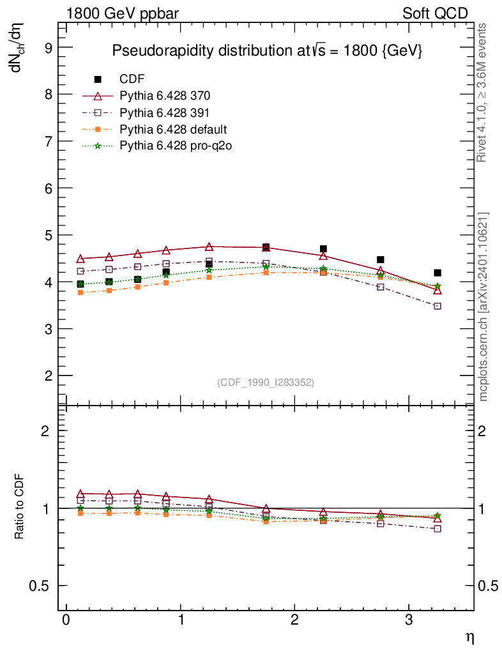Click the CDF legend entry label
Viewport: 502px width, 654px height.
coord(132,79)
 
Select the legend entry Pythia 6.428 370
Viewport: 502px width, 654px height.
coord(165,96)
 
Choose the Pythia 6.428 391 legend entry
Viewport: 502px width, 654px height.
coord(165,113)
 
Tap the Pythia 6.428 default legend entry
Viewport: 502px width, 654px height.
coord(173,130)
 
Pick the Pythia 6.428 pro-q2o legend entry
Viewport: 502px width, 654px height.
coord(176,146)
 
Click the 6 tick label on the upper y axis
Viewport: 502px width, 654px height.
coord(47,188)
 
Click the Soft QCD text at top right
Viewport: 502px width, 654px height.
coord(435,13)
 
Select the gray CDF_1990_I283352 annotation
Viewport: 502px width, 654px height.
coord(265,383)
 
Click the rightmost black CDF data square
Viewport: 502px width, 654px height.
coord(437,273)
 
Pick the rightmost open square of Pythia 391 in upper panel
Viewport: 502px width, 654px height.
coord(437,306)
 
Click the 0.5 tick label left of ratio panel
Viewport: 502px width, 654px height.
coord(40,586)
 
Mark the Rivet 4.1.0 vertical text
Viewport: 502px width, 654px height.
coord(483,93)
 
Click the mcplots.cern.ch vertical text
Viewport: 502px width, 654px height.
coord(483,307)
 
